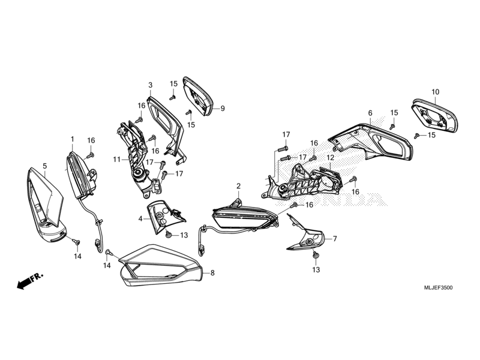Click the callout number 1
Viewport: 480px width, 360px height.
(73, 139)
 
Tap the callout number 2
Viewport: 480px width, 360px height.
(238, 186)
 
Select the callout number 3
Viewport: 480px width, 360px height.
(150, 85)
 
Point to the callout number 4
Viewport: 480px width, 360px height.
(140, 219)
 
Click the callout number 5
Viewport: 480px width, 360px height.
(44, 165)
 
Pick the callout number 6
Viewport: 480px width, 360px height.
(370, 113)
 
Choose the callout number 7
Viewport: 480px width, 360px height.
(335, 239)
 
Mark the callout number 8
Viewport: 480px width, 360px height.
(211, 273)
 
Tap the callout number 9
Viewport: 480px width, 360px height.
(222, 109)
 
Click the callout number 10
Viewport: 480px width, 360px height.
(435, 92)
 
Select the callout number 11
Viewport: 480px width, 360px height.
(116, 159)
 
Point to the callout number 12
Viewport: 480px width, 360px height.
(330, 157)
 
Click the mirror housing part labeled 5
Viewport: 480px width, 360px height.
(45, 207)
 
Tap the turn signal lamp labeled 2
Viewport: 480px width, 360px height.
(243, 216)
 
